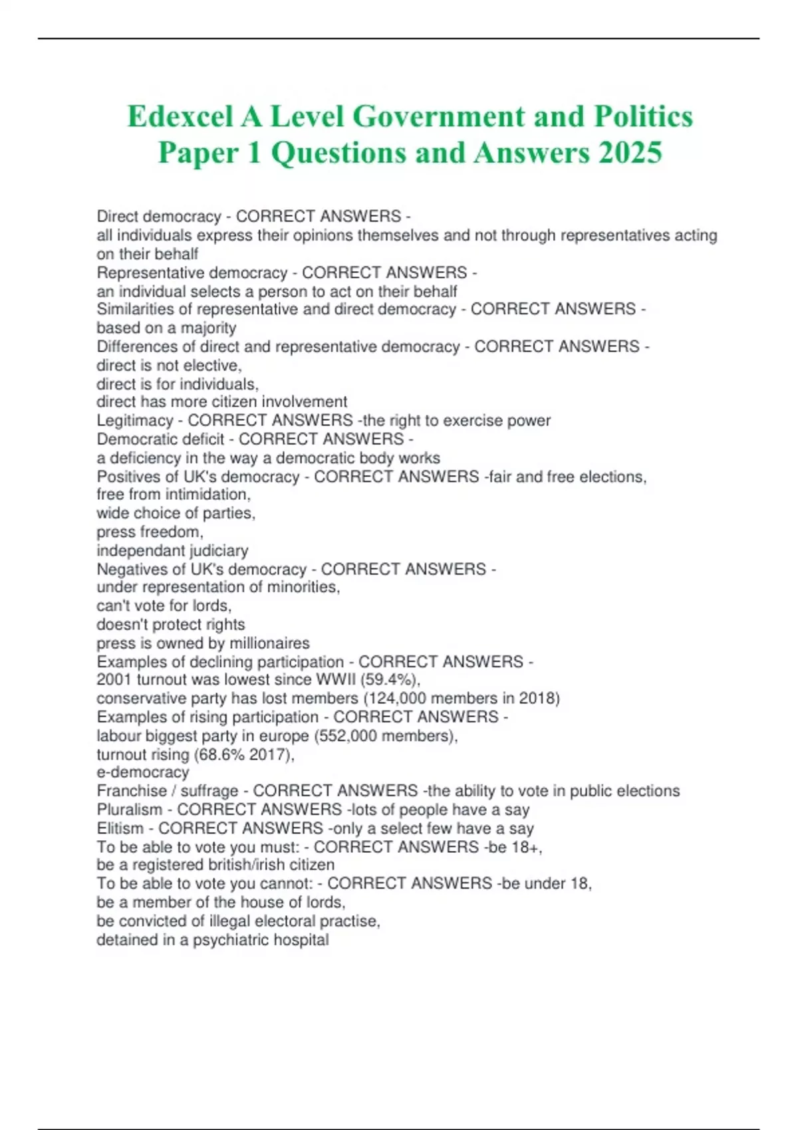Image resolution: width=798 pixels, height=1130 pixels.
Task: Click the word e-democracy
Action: coord(143,772)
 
